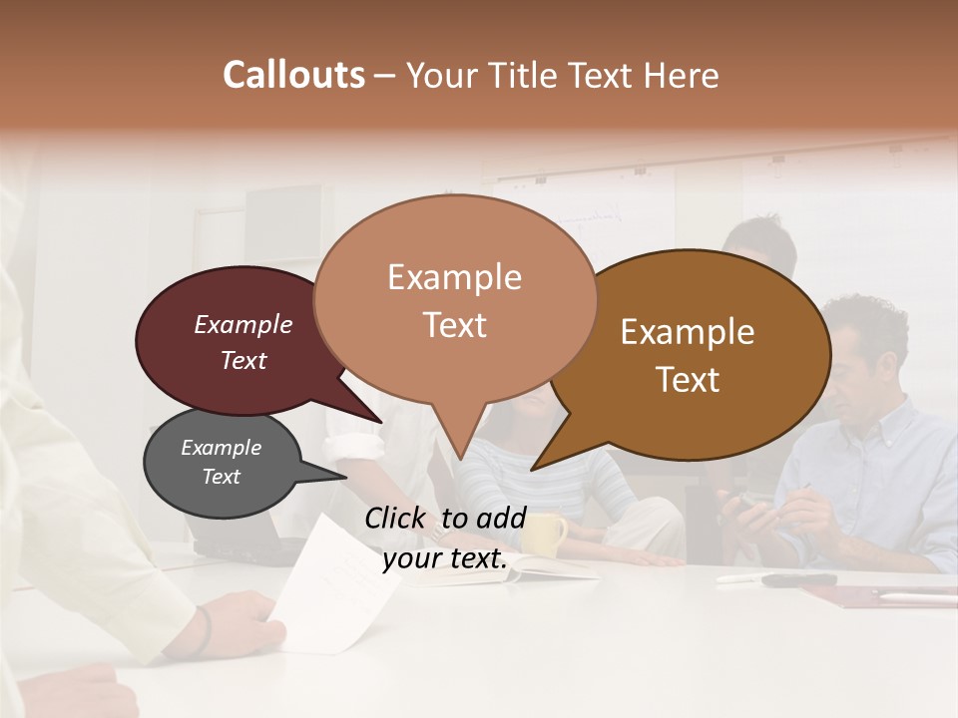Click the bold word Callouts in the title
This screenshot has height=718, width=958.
tap(293, 75)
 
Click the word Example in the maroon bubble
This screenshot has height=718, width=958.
tap(243, 324)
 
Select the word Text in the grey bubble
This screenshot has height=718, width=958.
tap(222, 477)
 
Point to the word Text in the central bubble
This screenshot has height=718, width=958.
tap(455, 325)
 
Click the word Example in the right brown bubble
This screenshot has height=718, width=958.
tap(688, 332)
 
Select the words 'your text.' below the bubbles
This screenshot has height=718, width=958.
tap(445, 559)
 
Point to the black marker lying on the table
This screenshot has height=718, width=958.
tap(798, 579)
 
